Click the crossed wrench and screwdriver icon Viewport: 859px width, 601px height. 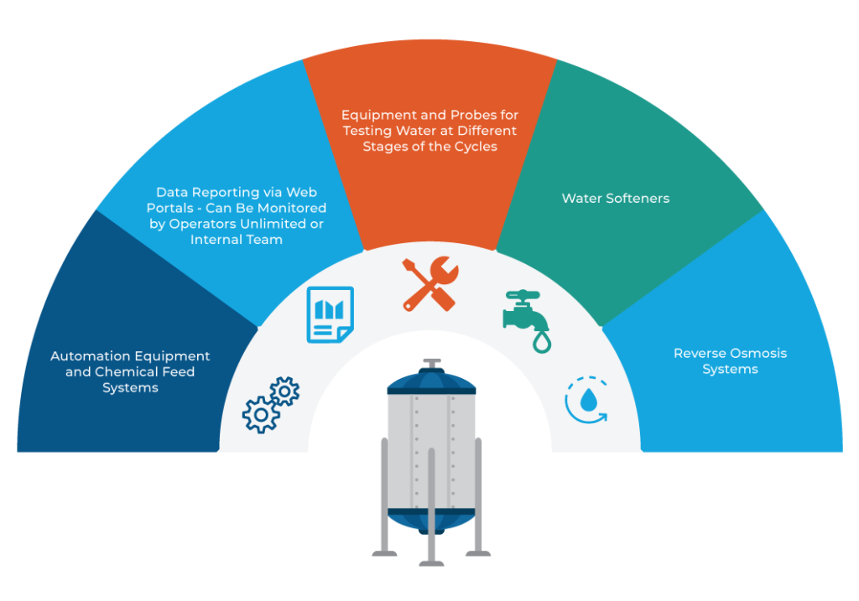click(429, 284)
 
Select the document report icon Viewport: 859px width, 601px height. click(330, 313)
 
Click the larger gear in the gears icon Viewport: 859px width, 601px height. click(261, 414)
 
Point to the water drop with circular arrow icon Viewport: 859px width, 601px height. click(588, 401)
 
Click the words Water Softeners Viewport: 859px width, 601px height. click(615, 199)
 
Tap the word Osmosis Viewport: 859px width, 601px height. click(755, 353)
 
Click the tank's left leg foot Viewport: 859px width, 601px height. click(385, 553)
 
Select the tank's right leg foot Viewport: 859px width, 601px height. click(478, 553)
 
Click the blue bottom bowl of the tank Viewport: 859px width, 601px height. click(431, 520)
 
